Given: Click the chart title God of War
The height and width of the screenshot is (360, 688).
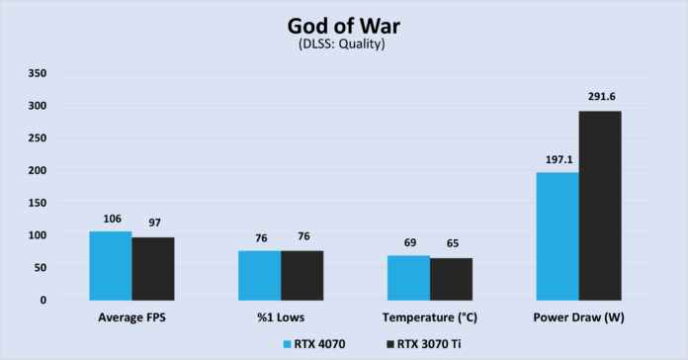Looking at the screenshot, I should pos(343,23).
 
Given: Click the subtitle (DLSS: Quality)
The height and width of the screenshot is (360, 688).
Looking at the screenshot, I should pos(343,44).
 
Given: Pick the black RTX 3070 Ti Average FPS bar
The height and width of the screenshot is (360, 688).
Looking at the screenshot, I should pos(153,268).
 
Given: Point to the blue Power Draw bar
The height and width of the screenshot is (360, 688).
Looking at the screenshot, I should pos(557,236).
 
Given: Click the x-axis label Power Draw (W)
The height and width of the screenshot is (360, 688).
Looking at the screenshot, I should pos(578,318).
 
